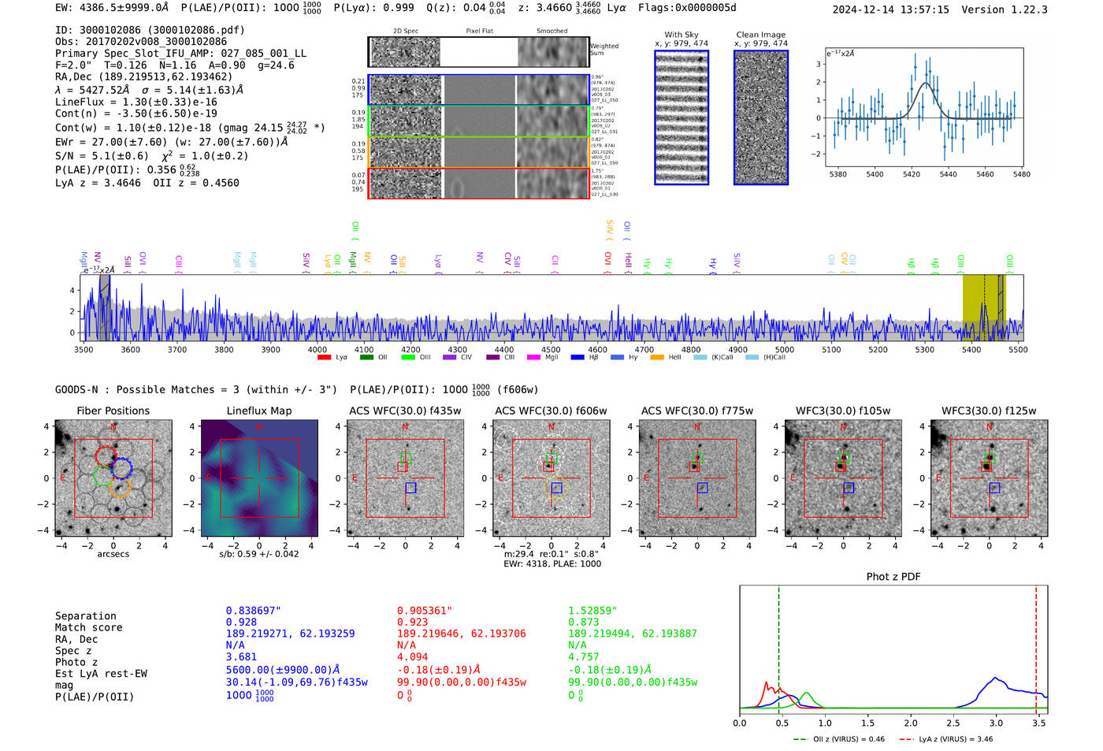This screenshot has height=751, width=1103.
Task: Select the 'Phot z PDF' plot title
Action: tap(893, 577)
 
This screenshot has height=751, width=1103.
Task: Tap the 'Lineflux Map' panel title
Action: tap(259, 411)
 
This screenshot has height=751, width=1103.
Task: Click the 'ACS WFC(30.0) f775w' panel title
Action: tap(696, 411)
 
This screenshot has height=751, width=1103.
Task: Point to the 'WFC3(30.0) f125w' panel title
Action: tap(989, 411)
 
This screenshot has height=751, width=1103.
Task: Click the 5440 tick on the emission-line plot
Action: tap(948, 174)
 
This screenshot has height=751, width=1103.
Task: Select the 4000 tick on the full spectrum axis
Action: tap(317, 350)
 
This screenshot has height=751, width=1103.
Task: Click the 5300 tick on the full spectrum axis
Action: tap(924, 350)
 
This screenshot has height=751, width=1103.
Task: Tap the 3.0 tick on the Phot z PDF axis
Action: tap(996, 723)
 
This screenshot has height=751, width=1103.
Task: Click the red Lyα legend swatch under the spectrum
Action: tap(324, 358)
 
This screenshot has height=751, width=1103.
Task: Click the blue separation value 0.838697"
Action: tap(253, 611)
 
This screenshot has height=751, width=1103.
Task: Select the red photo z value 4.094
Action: tap(414, 656)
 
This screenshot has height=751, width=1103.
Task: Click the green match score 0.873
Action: tap(584, 622)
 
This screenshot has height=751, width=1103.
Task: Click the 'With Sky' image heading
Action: tap(681, 35)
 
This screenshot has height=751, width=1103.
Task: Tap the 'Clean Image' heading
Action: tap(760, 35)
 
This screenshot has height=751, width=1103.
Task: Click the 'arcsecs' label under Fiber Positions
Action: tap(113, 554)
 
